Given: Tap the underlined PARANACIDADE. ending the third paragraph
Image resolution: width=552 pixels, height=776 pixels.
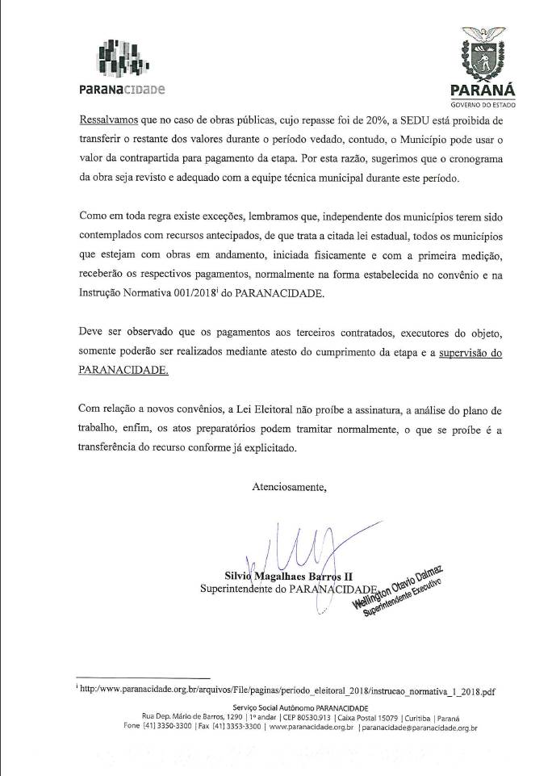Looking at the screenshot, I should [124, 371].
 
